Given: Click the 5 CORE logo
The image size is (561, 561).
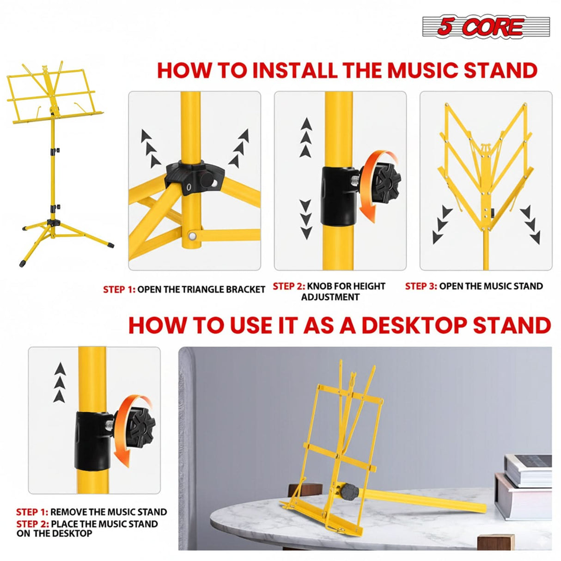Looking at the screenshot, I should [x=486, y=27].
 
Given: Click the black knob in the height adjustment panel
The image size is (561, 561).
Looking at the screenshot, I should [x=386, y=180].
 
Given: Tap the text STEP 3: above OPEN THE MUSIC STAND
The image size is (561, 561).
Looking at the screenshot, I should [x=421, y=286].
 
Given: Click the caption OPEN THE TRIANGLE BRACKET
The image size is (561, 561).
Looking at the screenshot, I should [x=201, y=290].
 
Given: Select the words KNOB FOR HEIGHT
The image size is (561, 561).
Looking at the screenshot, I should [x=346, y=286].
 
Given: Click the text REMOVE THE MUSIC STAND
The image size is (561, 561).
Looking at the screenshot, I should [x=109, y=512].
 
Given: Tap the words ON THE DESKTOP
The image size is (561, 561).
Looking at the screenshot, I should [x=55, y=533].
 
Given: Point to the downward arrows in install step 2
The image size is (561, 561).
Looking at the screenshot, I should [x=306, y=219].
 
